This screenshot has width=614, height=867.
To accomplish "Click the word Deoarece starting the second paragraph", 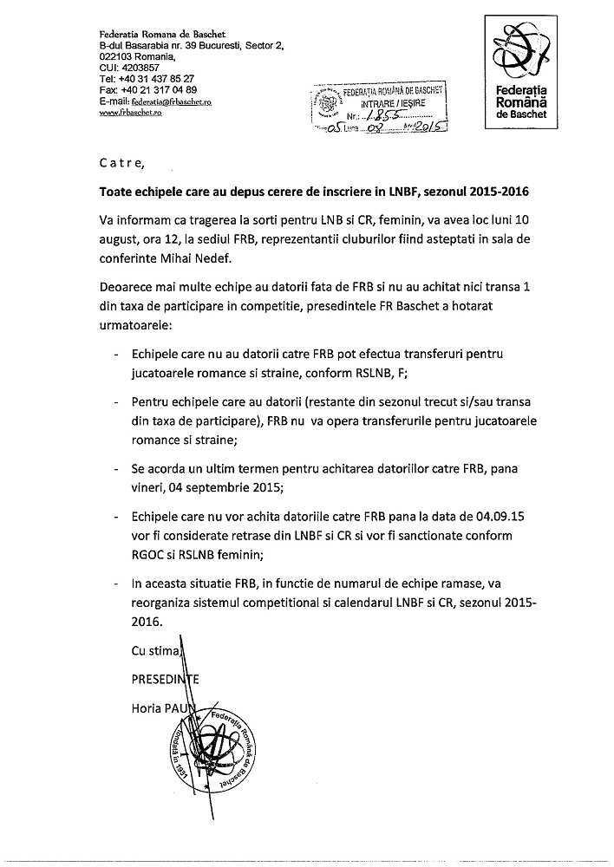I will tap(133, 287).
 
